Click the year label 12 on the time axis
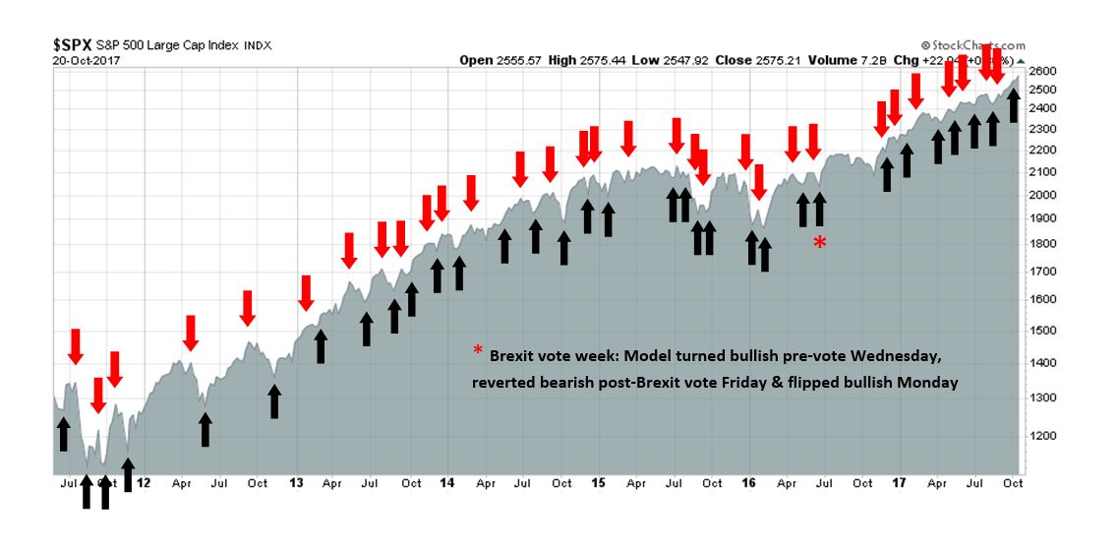(144, 483)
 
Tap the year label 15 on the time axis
(599, 483)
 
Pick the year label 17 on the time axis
(899, 483)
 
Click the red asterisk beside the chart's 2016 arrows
(819, 243)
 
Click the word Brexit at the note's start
(513, 355)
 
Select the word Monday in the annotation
(927, 382)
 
